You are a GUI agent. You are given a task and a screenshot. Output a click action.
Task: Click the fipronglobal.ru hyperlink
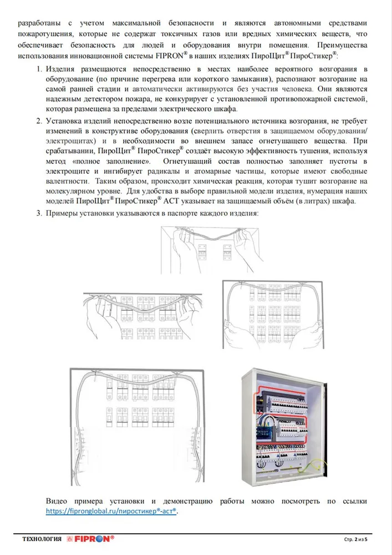(111, 511)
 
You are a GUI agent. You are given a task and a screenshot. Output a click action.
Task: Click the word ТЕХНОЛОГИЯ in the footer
(42, 539)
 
